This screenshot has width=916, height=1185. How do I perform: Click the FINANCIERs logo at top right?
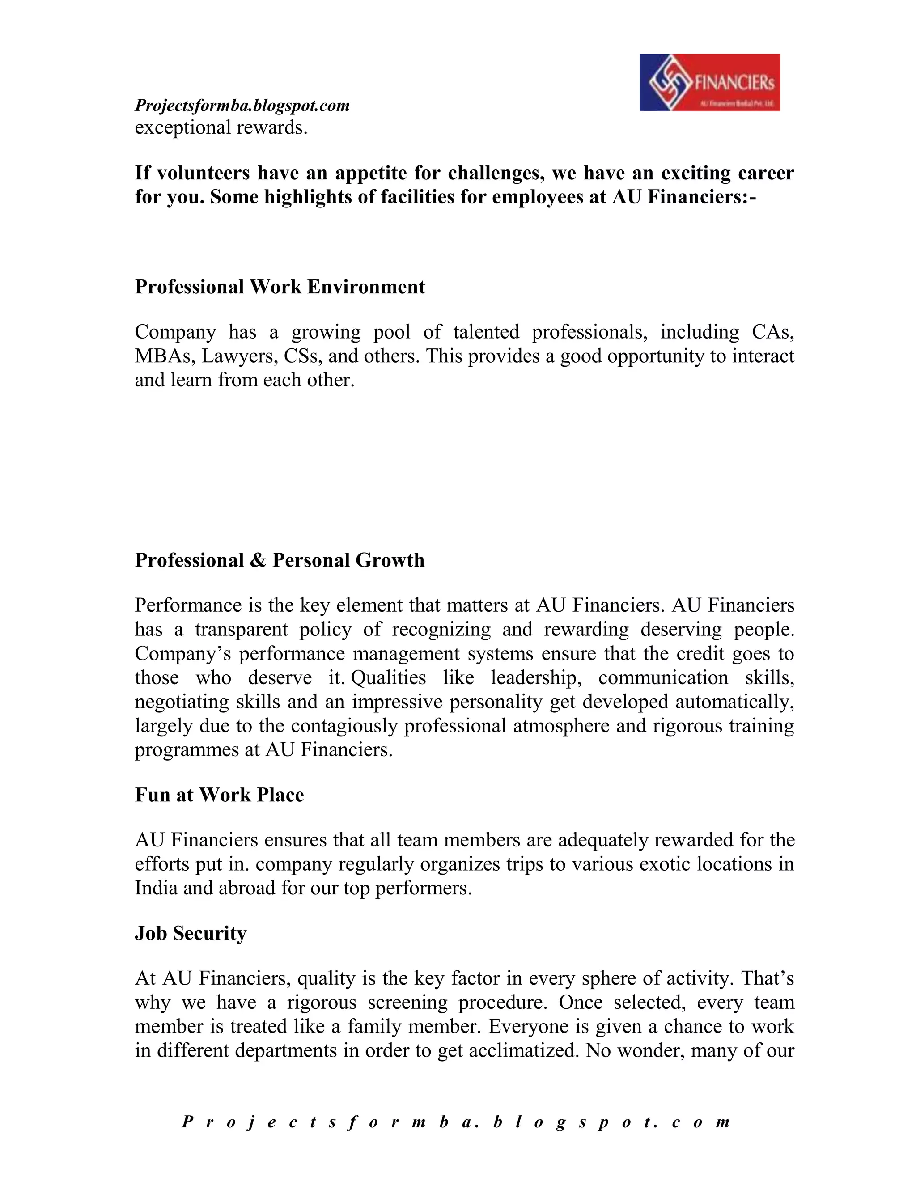click(709, 82)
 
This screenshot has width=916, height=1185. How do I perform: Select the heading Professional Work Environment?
click(280, 287)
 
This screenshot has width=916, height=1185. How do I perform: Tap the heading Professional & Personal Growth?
click(280, 560)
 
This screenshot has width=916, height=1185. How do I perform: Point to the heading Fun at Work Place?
click(219, 795)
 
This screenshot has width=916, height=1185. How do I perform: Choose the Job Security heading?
click(191, 933)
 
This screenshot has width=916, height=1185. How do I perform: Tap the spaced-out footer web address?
click(456, 1122)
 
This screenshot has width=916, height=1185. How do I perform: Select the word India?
click(156, 888)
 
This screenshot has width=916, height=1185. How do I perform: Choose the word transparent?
click(242, 630)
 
